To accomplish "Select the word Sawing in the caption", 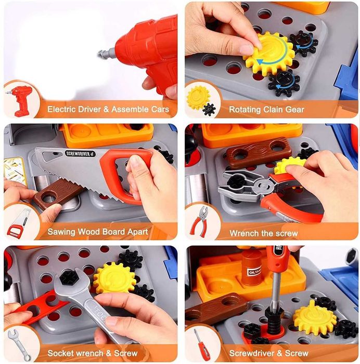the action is (x=61, y=232).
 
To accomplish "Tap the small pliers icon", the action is (x=200, y=222).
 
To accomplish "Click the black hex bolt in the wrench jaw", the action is (x=68, y=278).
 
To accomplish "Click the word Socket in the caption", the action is (x=60, y=353).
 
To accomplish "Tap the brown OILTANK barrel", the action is (x=251, y=268).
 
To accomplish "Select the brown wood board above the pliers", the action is (x=258, y=152).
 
